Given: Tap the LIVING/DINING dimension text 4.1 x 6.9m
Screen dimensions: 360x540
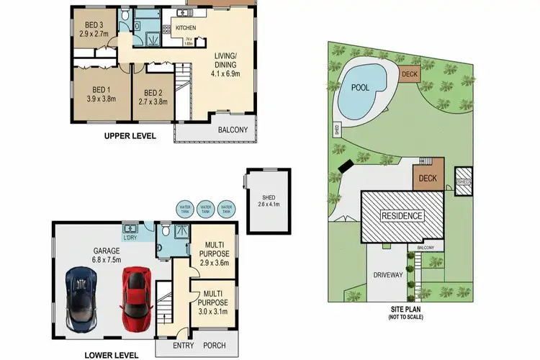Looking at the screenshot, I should [x=229, y=73].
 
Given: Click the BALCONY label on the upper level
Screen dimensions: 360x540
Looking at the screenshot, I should [x=233, y=130].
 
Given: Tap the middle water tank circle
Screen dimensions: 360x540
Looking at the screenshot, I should [x=206, y=208].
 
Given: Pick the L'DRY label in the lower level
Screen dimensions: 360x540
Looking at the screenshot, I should [x=130, y=237].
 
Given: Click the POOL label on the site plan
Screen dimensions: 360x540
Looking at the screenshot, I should [x=361, y=86].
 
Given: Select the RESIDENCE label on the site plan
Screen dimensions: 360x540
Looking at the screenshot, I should [x=402, y=215].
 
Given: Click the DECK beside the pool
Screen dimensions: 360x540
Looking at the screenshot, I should [x=409, y=73].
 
